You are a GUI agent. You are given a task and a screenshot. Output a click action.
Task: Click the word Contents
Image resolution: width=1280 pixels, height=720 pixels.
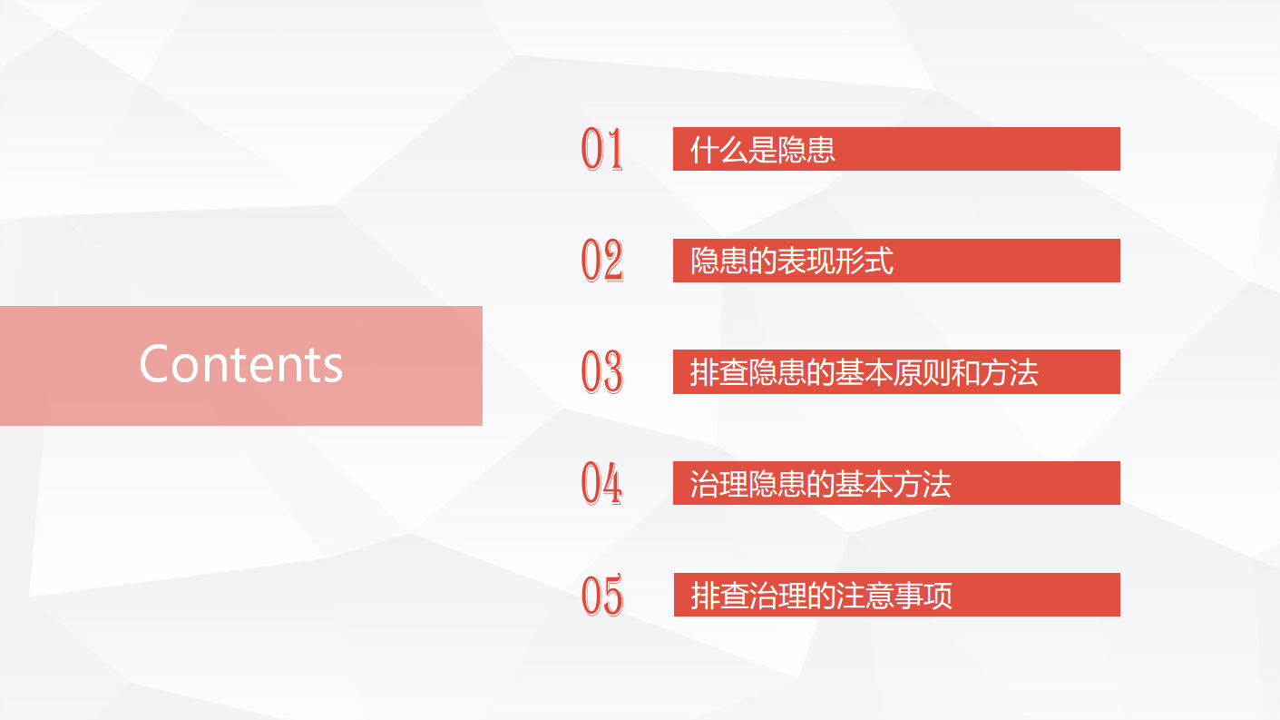(x=240, y=364)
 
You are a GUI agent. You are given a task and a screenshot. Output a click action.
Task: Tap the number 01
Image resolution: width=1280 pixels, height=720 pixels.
(x=601, y=149)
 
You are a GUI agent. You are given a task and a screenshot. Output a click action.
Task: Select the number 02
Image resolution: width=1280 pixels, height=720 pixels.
(x=601, y=261)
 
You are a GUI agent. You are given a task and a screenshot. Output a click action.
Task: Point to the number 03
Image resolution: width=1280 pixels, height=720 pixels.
(x=601, y=371)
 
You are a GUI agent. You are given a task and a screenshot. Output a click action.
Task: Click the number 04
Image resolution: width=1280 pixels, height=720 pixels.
(x=601, y=483)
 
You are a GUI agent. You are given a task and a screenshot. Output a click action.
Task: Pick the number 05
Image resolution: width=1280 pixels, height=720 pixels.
(x=601, y=595)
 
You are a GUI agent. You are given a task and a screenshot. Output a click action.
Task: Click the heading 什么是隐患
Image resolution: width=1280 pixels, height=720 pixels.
(x=762, y=150)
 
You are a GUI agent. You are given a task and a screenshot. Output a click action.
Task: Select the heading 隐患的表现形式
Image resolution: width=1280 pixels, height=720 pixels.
(x=791, y=261)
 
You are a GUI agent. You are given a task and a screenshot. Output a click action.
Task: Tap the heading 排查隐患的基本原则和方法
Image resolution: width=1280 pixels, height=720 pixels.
(x=864, y=373)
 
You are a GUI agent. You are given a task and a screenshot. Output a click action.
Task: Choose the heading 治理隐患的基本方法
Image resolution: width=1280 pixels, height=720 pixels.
(x=821, y=484)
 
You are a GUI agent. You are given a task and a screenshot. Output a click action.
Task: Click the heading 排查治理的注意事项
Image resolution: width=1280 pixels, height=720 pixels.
(x=821, y=596)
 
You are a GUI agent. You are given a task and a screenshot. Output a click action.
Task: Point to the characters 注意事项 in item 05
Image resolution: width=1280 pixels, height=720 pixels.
(x=894, y=596)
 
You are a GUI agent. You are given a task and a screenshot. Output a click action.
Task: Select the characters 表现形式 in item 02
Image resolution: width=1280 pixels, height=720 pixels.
(x=835, y=261)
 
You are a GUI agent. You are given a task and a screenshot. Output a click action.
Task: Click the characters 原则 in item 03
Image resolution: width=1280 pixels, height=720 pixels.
(x=923, y=373)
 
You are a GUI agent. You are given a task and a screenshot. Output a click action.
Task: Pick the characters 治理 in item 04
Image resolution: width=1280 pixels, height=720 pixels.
(x=718, y=484)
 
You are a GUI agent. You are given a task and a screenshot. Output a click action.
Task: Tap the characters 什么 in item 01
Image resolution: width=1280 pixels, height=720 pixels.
(x=718, y=150)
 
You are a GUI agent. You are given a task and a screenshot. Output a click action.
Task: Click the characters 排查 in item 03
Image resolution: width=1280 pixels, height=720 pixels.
(x=718, y=373)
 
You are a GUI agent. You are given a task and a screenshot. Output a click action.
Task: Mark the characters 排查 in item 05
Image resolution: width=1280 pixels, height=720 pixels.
(x=719, y=596)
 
